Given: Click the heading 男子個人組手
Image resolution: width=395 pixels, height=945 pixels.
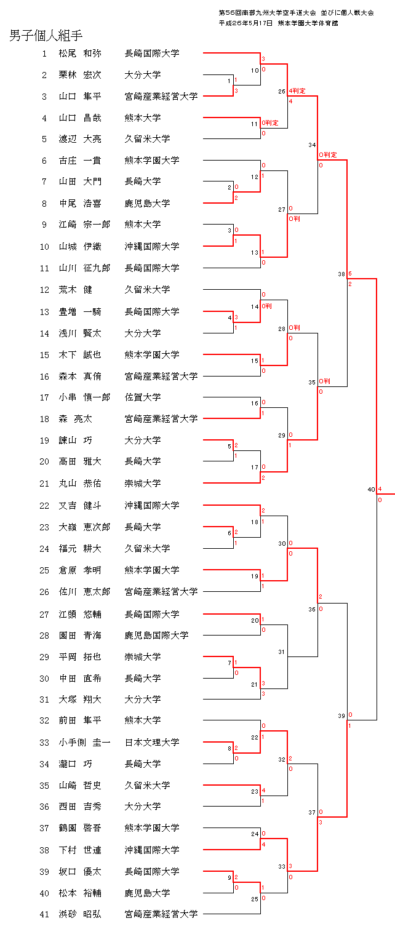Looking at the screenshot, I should coord(46,36).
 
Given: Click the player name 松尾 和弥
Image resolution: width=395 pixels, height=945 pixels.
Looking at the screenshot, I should coord(80,54).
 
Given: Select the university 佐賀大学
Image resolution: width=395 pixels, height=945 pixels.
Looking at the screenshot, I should coord(143,397).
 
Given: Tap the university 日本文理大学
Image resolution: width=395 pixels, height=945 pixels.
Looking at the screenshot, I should coord(152,743).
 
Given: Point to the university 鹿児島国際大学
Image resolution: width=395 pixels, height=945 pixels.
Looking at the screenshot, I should coord(156,635).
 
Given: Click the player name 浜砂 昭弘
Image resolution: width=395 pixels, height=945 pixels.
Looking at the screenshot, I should coord(80,914).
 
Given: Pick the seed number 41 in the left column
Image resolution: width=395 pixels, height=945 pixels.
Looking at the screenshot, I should coord(44,914).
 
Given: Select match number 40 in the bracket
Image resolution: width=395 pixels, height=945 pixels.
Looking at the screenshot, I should coord(371,490).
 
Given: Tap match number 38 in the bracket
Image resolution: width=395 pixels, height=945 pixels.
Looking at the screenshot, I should coord(341,274).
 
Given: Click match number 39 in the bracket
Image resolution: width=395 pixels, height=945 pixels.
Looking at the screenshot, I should coord(341,716).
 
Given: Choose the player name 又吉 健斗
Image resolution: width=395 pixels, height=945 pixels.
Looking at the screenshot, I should coord(80,506).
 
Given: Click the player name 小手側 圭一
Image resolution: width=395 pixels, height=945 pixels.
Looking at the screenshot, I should coord(84,743).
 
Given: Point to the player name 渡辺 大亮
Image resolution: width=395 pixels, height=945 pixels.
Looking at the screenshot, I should coord(80,139).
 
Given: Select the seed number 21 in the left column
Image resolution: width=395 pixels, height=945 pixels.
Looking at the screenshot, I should coord(44,484).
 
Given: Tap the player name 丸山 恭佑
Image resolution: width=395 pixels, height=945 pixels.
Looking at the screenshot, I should coord(80,484).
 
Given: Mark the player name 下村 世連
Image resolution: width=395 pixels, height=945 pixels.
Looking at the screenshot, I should coord(80,850).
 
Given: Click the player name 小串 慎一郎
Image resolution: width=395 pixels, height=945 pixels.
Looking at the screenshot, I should coord(84,397).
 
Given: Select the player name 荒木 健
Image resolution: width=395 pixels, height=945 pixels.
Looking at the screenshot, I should coord(75,290).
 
